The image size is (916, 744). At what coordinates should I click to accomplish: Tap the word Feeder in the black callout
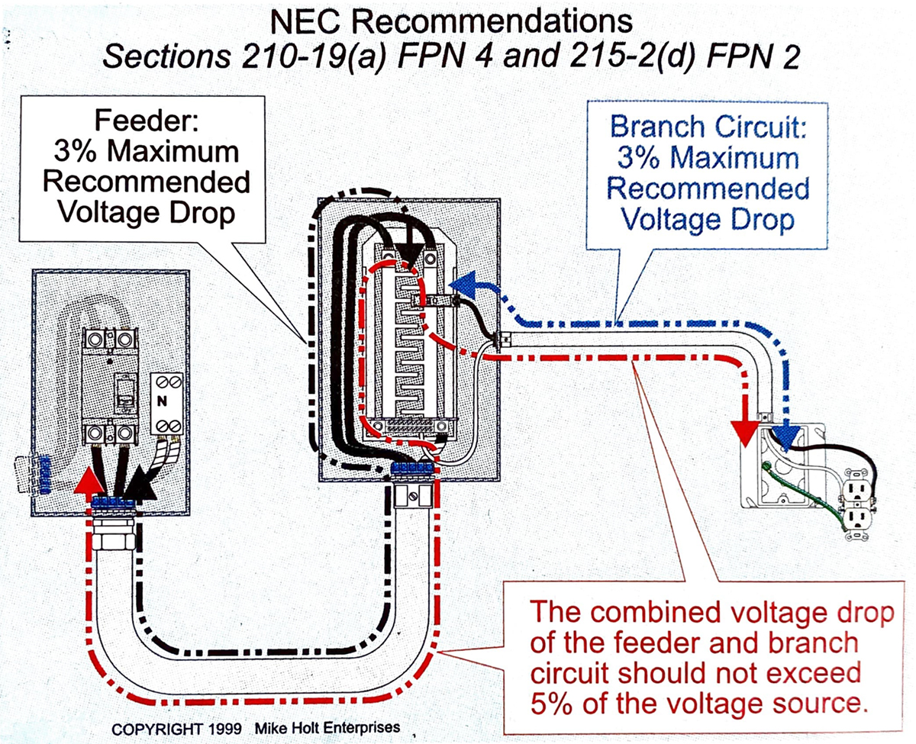(142, 123)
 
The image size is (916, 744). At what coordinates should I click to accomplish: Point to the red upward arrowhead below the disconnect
(91, 482)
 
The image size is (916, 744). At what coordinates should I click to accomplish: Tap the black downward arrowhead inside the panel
(411, 261)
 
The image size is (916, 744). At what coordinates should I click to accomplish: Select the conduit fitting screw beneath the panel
(413, 497)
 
